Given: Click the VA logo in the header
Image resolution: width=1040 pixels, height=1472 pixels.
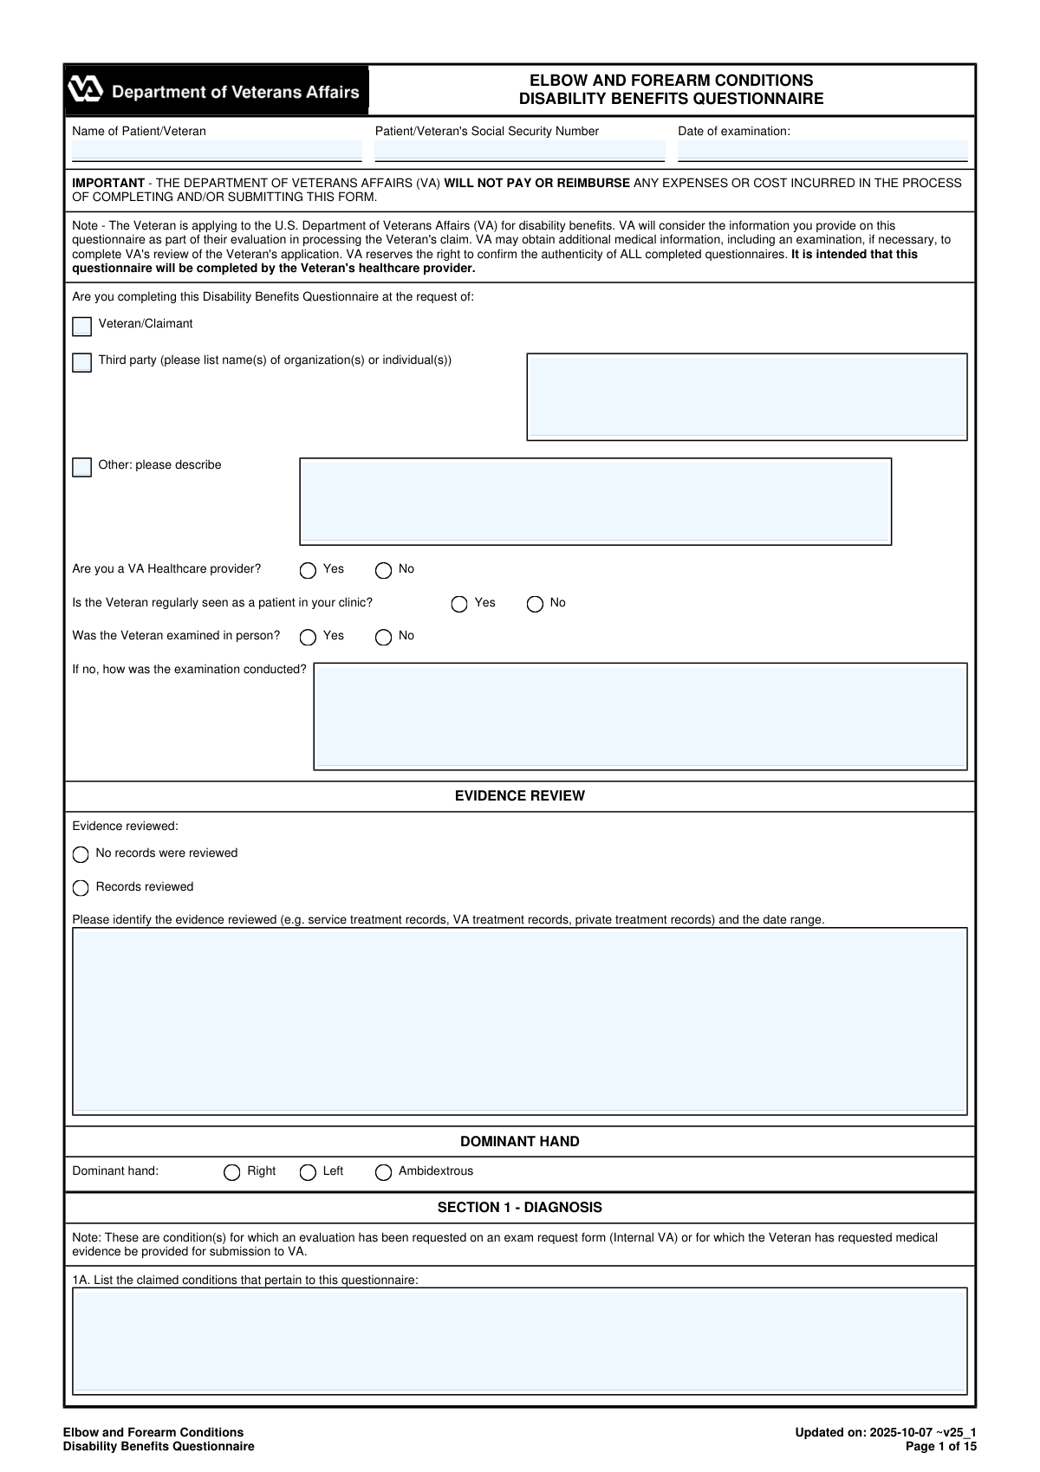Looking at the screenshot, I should click(x=86, y=90).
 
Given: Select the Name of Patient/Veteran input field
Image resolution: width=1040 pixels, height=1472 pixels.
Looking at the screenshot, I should click(x=217, y=151).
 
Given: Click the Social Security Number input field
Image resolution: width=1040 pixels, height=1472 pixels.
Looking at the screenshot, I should click(x=519, y=151).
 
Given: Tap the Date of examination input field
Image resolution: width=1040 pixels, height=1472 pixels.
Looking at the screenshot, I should click(x=822, y=151).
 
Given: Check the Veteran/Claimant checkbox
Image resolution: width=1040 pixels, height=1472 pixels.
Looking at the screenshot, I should click(x=82, y=327).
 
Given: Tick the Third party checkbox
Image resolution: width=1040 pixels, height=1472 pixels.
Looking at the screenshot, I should click(x=82, y=362).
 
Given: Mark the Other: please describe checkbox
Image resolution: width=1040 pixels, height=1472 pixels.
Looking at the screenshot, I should click(x=82, y=468).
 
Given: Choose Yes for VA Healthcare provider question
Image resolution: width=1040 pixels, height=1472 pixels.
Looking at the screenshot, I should click(x=308, y=571).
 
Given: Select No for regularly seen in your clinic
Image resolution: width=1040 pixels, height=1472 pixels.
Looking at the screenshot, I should click(x=536, y=604).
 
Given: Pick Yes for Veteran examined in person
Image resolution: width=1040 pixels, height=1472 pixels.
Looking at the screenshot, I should click(x=308, y=638).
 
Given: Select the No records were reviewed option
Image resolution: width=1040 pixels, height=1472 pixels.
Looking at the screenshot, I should click(x=81, y=855).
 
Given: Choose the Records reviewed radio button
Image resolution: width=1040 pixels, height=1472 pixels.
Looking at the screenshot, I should click(x=81, y=888).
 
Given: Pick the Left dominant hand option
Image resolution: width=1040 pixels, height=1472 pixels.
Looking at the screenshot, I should click(x=308, y=1173).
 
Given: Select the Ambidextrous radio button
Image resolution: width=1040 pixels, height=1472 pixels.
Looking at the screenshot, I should click(x=383, y=1173).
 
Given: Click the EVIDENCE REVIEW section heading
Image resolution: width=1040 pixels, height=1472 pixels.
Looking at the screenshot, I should click(x=519, y=796).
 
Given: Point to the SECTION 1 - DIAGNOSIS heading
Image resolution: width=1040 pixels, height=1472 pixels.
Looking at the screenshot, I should click(x=519, y=1208).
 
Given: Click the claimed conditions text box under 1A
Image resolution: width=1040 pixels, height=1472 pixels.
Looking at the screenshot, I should click(x=519, y=1340).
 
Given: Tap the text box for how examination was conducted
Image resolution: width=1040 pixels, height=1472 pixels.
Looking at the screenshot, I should click(x=640, y=717).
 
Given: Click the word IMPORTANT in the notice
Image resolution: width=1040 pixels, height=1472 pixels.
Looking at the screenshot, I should click(x=108, y=183).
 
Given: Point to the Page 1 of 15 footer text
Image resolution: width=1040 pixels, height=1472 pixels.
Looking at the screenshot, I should click(x=940, y=1446).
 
